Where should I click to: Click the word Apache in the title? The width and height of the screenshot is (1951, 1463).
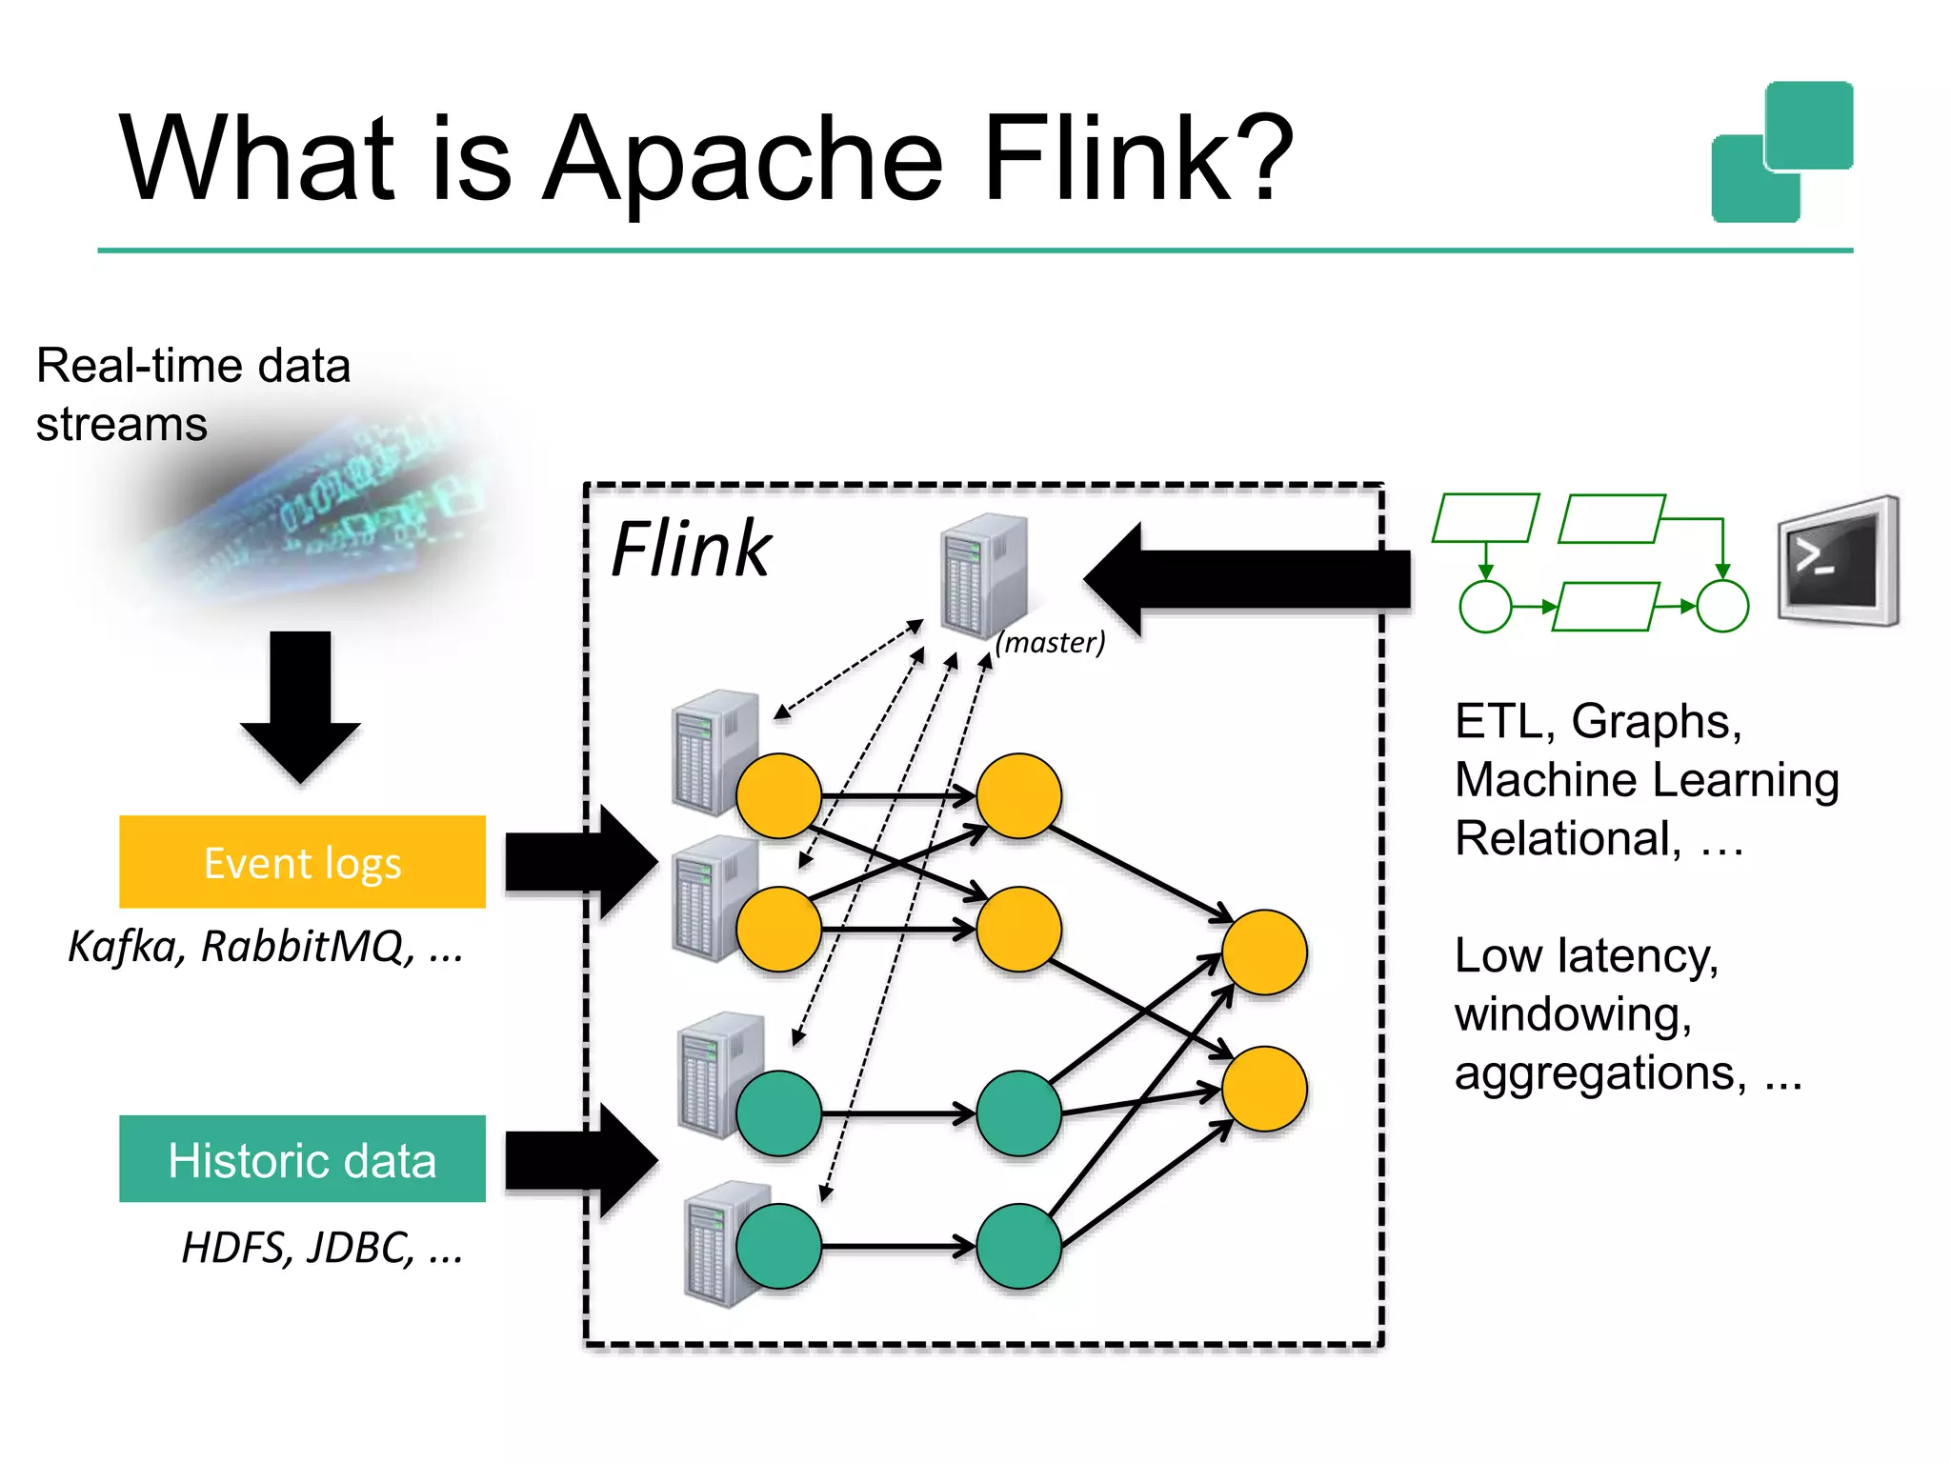pos(743,160)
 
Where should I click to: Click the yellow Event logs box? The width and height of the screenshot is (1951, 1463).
pos(302,862)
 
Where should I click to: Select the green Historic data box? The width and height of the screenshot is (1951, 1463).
pos(302,1159)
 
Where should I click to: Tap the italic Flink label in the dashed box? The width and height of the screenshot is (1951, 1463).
pos(690,550)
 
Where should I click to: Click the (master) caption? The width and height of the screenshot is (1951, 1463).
pos(1050,643)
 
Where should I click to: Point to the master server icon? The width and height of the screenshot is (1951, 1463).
pos(983,574)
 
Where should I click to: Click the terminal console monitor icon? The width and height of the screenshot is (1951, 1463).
pos(1838,561)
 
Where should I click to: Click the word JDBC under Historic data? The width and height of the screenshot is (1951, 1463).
pos(360,1248)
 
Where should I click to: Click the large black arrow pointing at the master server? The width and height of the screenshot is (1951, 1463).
pos(1248,578)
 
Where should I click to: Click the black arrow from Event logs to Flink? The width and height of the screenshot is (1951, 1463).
pos(580,862)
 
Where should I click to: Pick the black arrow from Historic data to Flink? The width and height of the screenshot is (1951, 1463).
pos(580,1160)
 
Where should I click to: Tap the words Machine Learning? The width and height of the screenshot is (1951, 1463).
pos(1646,780)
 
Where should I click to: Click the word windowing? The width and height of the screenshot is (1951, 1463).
pos(1572,1014)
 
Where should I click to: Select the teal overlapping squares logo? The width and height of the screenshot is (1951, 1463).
pos(1782,152)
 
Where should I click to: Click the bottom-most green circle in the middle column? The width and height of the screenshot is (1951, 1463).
pos(1018,1246)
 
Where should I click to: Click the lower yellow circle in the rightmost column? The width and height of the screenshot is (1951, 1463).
pos(1264,1089)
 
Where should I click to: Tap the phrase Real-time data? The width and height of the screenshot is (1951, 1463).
pos(193,366)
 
